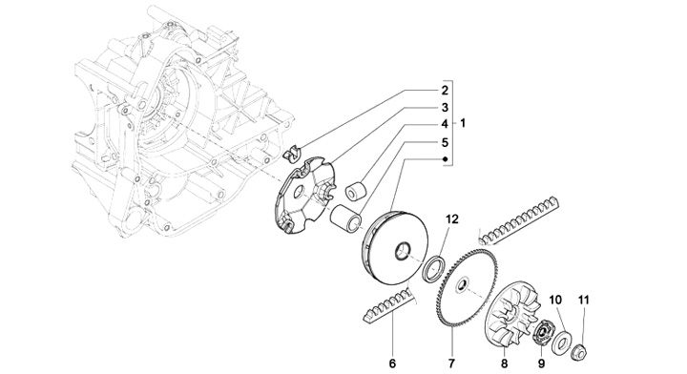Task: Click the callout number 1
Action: click(463, 123)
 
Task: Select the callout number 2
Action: click(445, 91)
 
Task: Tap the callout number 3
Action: click(445, 108)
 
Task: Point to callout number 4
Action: click(445, 124)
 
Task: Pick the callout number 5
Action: click(445, 142)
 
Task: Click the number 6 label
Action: click(392, 364)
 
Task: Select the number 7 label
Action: click(451, 364)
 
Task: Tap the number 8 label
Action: click(505, 364)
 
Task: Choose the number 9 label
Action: click(541, 364)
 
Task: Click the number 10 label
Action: click(555, 300)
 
